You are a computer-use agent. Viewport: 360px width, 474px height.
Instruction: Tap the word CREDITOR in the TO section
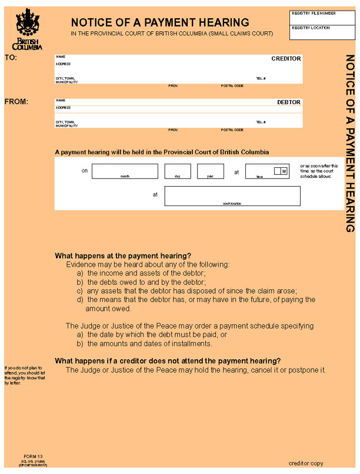pos(286,59)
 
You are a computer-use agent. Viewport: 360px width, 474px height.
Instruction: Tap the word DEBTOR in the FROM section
pos(289,102)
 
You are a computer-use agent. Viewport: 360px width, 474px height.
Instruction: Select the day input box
pos(178,171)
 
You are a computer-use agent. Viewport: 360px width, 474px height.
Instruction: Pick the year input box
pos(210,171)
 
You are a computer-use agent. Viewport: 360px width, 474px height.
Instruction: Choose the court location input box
pos(232,195)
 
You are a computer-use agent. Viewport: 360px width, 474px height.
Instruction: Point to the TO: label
pos(11,58)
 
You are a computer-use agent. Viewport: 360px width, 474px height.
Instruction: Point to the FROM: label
pos(16,102)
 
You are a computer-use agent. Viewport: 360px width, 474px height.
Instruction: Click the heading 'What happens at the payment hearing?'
pos(123,256)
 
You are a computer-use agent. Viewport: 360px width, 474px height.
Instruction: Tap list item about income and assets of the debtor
pos(146,274)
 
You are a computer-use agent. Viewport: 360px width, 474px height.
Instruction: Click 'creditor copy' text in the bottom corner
pos(305,463)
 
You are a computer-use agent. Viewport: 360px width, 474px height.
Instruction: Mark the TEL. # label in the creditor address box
pos(261,78)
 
